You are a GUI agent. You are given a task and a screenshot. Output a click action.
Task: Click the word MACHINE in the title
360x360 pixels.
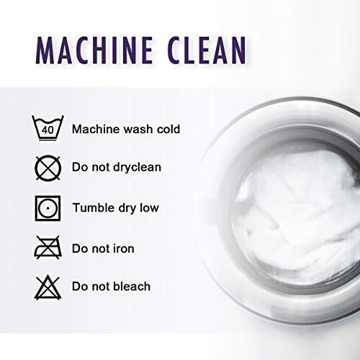94,50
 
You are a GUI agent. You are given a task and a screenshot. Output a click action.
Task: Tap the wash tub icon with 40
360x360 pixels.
48,127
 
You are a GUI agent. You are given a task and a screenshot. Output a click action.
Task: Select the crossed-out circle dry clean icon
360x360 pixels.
48,168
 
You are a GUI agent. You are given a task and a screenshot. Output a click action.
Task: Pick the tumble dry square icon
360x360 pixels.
48,208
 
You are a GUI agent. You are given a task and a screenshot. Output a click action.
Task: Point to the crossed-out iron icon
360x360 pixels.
48,248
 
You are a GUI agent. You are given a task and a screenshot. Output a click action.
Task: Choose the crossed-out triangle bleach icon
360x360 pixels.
48,287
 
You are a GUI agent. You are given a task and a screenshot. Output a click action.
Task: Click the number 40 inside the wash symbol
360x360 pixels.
48,130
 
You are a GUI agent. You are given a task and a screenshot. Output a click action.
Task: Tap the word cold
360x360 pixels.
168,129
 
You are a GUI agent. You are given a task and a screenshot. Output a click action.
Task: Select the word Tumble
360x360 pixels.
94,207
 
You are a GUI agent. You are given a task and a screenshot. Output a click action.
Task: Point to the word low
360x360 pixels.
150,207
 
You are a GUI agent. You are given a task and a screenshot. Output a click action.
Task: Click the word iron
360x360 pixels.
123,248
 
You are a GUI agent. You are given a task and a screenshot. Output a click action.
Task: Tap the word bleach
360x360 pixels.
132,286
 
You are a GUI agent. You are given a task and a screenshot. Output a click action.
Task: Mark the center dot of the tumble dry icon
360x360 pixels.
48,208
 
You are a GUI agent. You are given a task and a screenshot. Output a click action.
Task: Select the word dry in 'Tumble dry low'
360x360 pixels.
127,208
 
